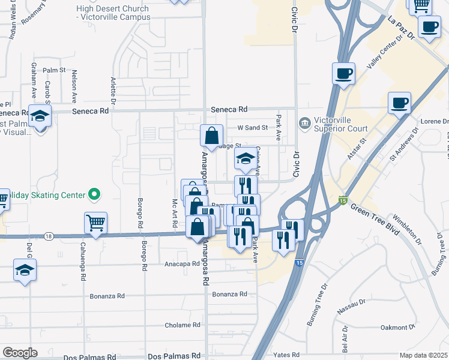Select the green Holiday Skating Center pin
click(x=94, y=194)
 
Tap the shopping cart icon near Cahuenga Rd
click(x=95, y=223)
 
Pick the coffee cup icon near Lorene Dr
click(x=399, y=103)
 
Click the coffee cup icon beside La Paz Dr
click(x=429, y=27)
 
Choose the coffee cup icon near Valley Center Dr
click(x=343, y=74)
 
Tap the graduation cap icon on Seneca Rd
click(x=40, y=116)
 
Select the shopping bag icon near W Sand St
click(x=211, y=136)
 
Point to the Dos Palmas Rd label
click(x=173, y=356)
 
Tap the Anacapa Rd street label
click(x=182, y=263)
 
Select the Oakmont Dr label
click(x=398, y=328)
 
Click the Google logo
click(x=20, y=353)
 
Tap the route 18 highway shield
click(x=49, y=236)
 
